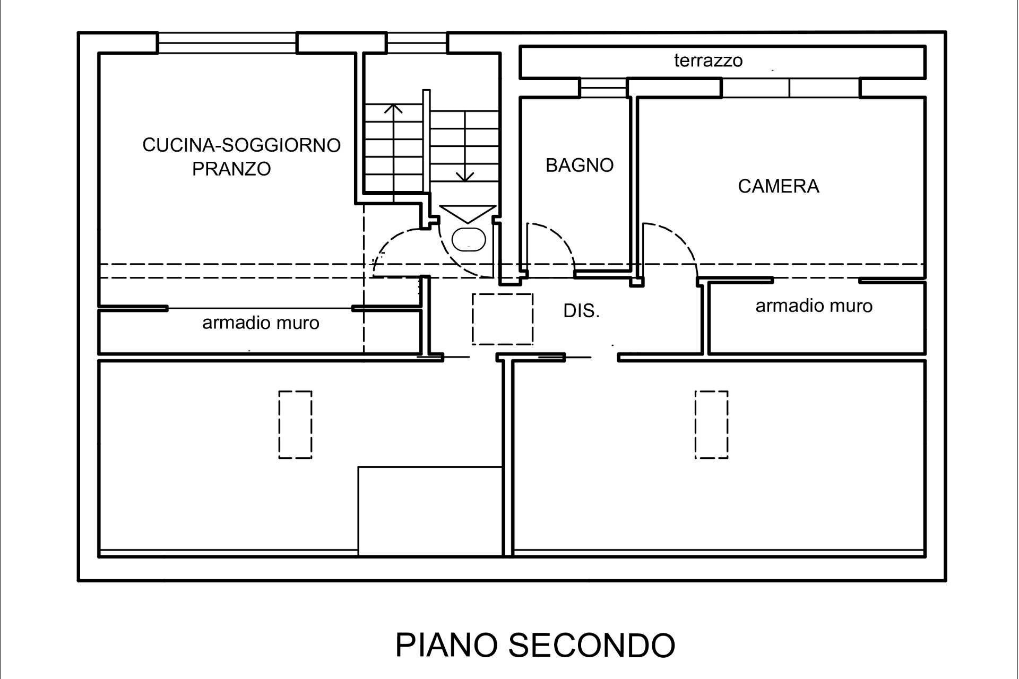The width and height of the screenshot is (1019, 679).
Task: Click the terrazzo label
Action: point(708,60)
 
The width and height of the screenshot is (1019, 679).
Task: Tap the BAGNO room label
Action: point(579,165)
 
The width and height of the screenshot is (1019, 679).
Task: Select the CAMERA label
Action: point(778,186)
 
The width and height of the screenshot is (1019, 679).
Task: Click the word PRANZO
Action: point(231,169)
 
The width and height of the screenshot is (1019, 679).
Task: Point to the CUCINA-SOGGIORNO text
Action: point(241,145)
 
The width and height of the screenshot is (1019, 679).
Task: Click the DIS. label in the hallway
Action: point(581,311)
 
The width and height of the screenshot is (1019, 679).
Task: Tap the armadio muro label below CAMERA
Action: point(814,306)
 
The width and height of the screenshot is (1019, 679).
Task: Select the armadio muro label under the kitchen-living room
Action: point(261,323)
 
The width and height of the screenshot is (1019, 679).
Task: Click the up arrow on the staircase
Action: point(393,109)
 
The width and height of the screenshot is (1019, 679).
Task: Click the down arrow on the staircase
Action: point(465,176)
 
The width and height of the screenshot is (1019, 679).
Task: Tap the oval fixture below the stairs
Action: point(468,239)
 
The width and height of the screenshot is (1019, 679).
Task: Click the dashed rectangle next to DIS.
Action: point(502,319)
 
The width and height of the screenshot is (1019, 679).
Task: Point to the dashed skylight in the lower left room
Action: point(295,424)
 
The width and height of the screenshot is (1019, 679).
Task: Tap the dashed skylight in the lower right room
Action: point(711,424)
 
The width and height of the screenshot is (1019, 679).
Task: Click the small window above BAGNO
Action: point(602,88)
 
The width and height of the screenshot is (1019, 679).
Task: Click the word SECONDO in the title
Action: point(591,645)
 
